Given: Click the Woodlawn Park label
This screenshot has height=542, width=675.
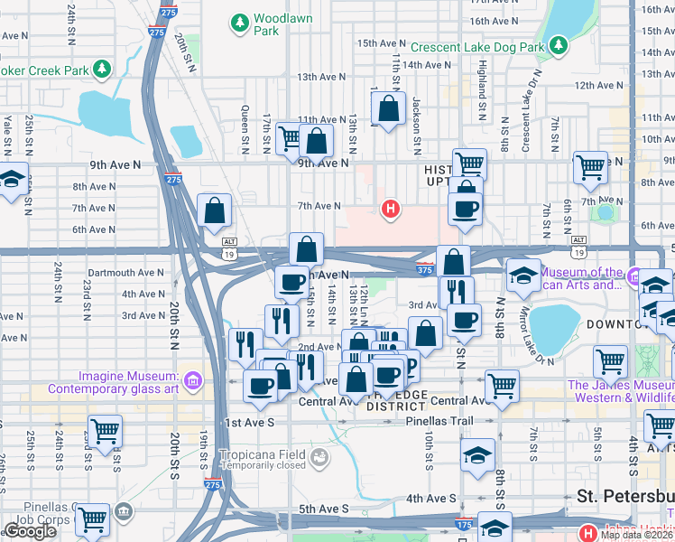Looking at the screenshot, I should click(x=277, y=24).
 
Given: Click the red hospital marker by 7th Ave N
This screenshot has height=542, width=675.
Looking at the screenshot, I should click(x=390, y=210).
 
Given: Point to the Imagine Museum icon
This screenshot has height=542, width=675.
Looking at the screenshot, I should click(x=190, y=382).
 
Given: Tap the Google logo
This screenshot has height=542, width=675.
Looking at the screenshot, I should click(x=30, y=531).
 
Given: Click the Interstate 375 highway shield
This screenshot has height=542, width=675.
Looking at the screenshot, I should click(x=426, y=267).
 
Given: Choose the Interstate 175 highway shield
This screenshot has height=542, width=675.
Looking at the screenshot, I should click(x=464, y=524).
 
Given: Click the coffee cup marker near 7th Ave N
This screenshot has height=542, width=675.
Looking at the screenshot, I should click(x=466, y=210).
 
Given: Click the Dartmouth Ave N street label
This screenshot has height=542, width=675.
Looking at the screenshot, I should click(x=126, y=272).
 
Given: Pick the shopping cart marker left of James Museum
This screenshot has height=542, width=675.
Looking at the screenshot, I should click(x=610, y=363).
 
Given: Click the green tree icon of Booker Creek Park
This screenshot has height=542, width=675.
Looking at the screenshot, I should click(x=102, y=69).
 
